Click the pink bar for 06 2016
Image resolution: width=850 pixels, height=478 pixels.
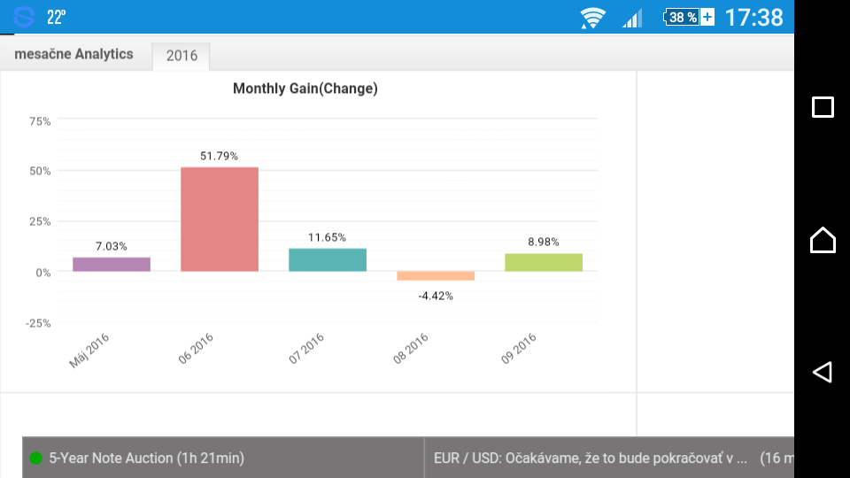click(220, 219)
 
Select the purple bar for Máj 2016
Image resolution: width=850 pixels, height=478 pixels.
click(112, 264)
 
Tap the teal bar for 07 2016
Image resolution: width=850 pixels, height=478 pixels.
click(328, 259)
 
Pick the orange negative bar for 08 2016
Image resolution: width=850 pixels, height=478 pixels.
click(436, 276)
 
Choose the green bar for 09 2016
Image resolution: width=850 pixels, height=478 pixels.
click(544, 262)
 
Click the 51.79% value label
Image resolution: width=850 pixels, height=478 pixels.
click(220, 156)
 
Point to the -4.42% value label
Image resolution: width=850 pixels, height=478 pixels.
click(436, 296)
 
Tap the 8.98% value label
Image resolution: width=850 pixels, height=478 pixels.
click(544, 242)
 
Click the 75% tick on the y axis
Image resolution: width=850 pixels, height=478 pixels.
click(40, 121)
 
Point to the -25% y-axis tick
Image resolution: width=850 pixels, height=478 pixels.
click(37, 323)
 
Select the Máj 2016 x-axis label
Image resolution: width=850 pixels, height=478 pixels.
click(89, 351)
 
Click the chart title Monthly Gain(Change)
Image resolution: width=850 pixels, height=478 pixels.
click(305, 89)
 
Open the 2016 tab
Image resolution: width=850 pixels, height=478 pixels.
click(182, 56)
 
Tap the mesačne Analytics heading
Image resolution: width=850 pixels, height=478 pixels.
click(73, 54)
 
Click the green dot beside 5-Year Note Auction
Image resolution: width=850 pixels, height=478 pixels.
click(36, 458)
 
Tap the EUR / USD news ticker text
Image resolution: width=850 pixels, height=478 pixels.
click(591, 459)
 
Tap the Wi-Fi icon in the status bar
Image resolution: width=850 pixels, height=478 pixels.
click(592, 17)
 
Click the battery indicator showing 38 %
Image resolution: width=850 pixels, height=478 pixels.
click(689, 17)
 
